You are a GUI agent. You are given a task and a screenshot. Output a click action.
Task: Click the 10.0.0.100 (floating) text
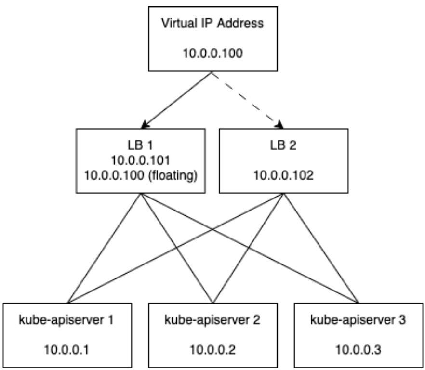tap(140, 176)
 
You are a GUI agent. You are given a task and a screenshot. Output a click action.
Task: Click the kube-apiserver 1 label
tap(67, 320)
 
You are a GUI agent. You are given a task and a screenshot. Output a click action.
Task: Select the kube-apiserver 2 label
tap(213, 320)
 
